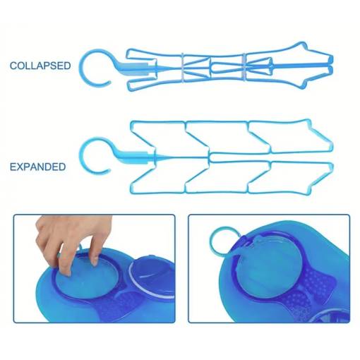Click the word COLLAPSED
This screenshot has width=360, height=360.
pyautogui.click(x=40, y=66)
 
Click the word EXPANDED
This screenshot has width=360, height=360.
pyautogui.click(x=37, y=167)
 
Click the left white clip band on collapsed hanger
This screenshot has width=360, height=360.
pyautogui.click(x=183, y=68)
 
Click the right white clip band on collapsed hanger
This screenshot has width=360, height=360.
pyautogui.click(x=244, y=68)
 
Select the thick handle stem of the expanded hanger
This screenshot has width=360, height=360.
pyautogui.click(x=133, y=157)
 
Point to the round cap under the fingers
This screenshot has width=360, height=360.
pyautogui.click(x=87, y=277)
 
